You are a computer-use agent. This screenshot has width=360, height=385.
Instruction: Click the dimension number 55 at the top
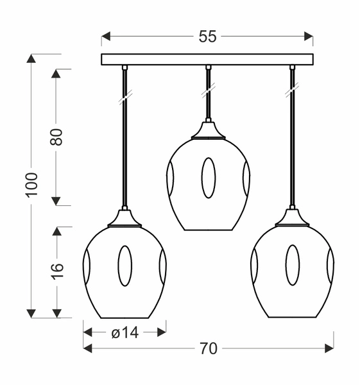tap(207, 37)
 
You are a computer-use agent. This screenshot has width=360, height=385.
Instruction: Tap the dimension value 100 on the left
tap(32, 184)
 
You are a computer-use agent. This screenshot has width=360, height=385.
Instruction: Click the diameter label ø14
tap(125, 332)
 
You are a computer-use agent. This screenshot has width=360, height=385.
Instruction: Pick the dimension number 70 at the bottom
tap(208, 348)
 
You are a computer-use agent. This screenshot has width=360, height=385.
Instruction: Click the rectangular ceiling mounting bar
tap(207, 59)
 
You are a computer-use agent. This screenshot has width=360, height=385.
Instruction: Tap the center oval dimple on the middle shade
tap(209, 177)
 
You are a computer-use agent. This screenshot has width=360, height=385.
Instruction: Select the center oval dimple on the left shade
tap(124, 265)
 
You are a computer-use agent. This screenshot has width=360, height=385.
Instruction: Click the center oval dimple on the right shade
tap(292, 265)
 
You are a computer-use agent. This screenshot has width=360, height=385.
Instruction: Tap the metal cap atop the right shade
tap(292, 218)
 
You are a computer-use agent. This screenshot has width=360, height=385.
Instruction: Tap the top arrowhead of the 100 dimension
tap(31, 58)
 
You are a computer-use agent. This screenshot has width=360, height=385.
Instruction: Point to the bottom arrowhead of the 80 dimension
tap(56, 201)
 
